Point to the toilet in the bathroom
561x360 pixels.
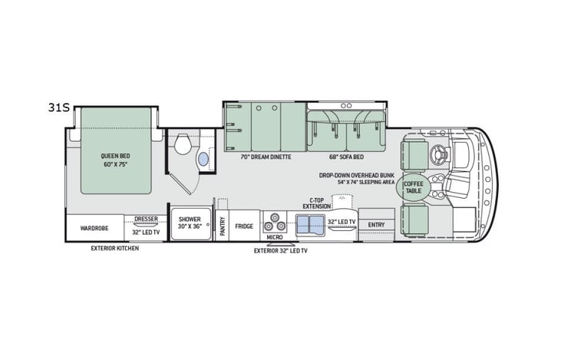pyautogui.click(x=183, y=144)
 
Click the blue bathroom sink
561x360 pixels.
pyautogui.click(x=203, y=159)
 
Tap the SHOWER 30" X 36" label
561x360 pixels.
pyautogui.click(x=190, y=223)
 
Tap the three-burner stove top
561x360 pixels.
pyautogui.click(x=275, y=224)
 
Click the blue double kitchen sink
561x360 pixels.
pyautogui.click(x=309, y=224)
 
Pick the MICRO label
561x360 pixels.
pyautogui.click(x=275, y=237)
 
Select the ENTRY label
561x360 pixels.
pyautogui.click(x=376, y=225)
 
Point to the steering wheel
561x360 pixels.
pyautogui.click(x=443, y=153)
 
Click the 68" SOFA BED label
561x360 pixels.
pyautogui.click(x=345, y=157)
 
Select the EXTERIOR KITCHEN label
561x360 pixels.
pyautogui.click(x=115, y=248)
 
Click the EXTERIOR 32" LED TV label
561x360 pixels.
pyautogui.click(x=281, y=250)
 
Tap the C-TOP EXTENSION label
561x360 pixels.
pyautogui.click(x=316, y=203)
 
